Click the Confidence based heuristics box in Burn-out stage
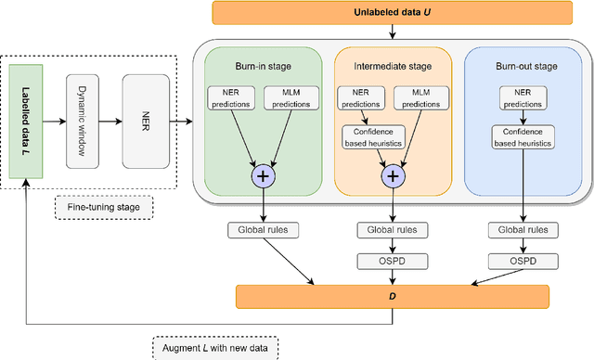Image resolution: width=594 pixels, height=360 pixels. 522,137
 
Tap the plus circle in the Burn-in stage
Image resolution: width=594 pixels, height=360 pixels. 262,177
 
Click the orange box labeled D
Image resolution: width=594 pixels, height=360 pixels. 391,297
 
